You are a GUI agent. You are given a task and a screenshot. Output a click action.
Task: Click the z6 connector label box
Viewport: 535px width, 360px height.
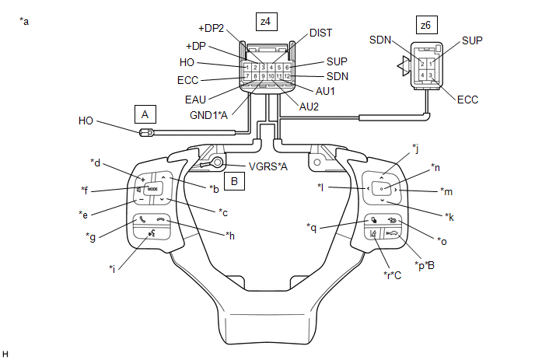[425, 26]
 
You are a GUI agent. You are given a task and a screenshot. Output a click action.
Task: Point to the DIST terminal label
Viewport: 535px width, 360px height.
[320, 33]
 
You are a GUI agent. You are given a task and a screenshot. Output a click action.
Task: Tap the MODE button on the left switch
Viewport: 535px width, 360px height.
[152, 189]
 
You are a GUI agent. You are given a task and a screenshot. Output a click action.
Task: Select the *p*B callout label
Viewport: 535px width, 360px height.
[424, 265]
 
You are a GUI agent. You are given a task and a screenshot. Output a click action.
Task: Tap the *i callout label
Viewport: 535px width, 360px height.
[113, 268]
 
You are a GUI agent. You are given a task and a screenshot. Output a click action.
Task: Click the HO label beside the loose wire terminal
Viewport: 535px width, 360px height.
[86, 121]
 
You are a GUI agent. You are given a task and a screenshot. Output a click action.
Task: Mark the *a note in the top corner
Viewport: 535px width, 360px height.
[24, 21]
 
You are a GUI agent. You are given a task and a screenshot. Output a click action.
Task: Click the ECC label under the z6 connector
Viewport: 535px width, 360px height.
[469, 100]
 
